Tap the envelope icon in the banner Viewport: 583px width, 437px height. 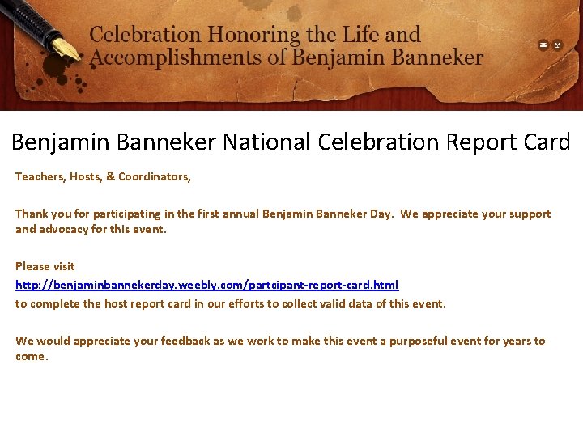pyautogui.click(x=543, y=45)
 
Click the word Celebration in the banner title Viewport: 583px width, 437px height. pyautogui.click(x=145, y=35)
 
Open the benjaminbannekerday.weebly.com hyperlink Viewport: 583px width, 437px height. pyautogui.click(x=207, y=285)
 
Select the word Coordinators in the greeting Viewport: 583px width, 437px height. pyautogui.click(x=155, y=176)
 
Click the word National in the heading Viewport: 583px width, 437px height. pyautogui.click(x=266, y=142)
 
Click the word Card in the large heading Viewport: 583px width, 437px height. pyautogui.click(x=546, y=142)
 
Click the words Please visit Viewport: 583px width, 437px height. pyautogui.click(x=45, y=266)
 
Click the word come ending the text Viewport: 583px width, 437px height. pyautogui.click(x=30, y=356)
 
